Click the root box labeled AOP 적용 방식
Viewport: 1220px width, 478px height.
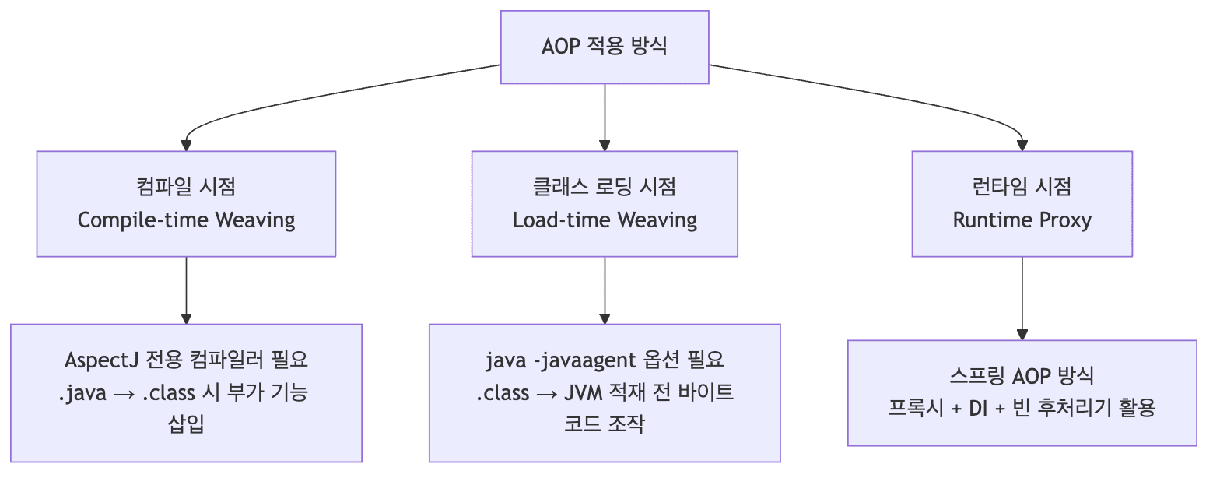point(605,47)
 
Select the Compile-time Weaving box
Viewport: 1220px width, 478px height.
point(186,203)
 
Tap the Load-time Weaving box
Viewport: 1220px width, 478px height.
point(605,203)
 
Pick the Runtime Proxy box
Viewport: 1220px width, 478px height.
point(1022,203)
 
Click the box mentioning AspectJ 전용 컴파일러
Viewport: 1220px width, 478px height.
point(186,392)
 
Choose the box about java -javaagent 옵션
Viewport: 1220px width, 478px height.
point(605,392)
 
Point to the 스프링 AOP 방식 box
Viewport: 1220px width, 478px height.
point(1022,392)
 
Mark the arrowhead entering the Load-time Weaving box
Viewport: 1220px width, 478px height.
point(605,145)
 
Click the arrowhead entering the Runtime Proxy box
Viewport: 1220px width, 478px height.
point(1022,145)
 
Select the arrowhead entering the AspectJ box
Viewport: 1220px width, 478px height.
point(186,318)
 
